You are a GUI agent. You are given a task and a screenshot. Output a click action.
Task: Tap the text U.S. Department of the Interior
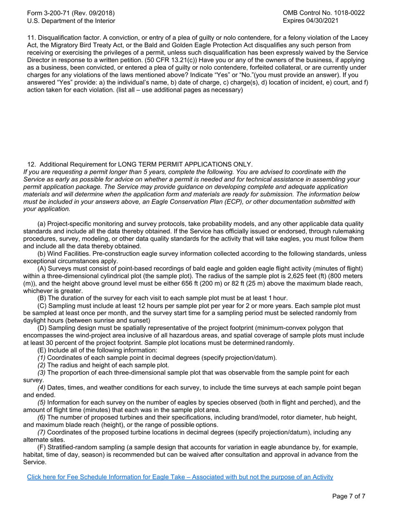click(71, 20)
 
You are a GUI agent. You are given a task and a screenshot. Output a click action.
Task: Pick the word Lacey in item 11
click(359, 38)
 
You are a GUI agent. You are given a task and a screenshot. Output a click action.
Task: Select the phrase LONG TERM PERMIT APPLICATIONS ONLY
click(185, 164)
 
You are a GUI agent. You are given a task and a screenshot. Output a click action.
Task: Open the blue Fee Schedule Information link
click(180, 477)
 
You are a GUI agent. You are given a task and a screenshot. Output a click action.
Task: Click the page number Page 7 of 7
click(348, 496)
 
